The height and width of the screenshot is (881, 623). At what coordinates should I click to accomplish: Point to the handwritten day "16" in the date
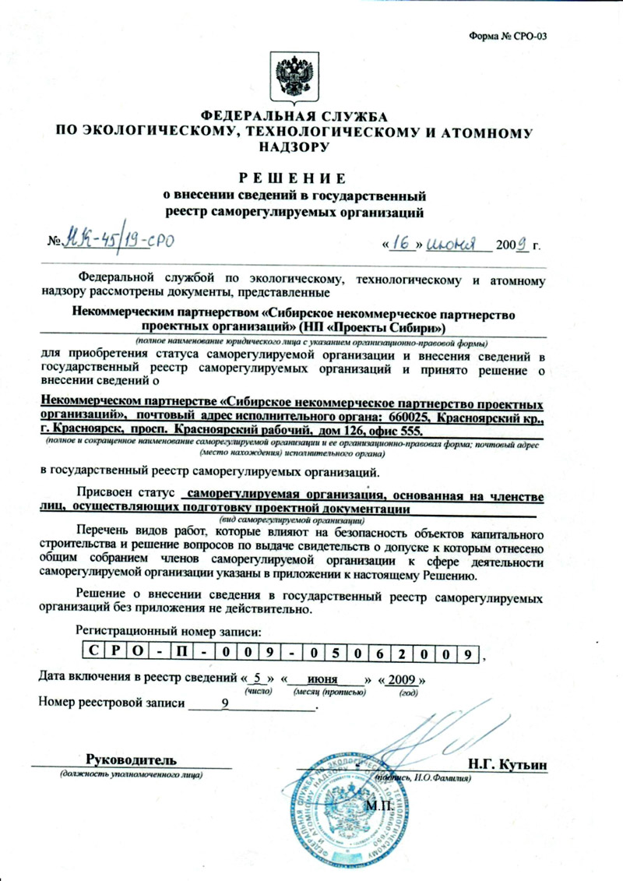click(403, 242)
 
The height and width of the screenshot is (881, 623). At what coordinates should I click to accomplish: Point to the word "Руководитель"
click(130, 759)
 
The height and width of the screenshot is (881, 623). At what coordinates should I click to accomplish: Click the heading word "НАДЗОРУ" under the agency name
click(295, 146)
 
